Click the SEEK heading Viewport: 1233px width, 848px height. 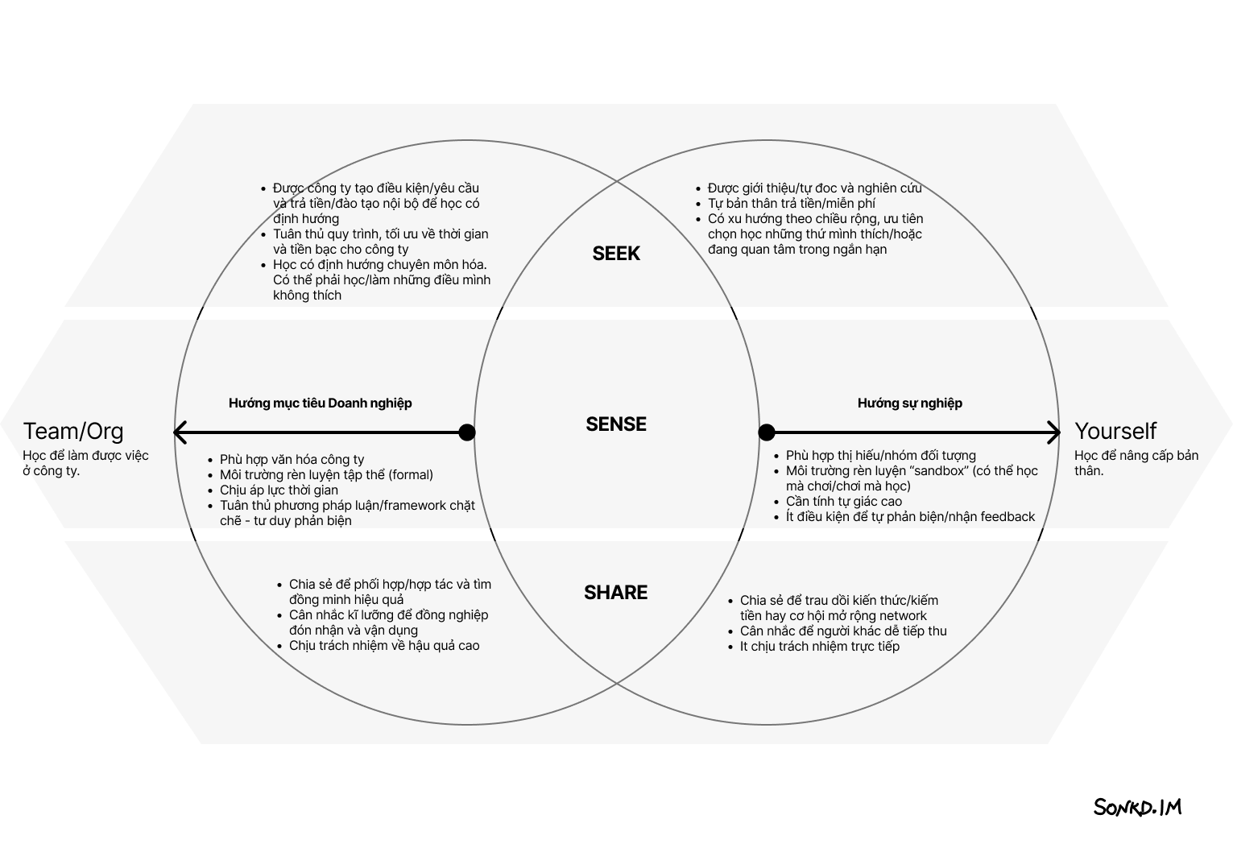point(616,253)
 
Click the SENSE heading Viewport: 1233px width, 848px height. point(616,424)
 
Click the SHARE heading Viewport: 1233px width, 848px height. point(615,592)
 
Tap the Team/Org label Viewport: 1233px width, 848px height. point(73,431)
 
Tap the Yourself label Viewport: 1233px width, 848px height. point(1115,431)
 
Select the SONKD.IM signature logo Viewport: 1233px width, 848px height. point(1137,807)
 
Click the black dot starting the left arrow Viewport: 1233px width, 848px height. point(467,432)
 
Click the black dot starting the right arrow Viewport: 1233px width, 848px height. point(766,432)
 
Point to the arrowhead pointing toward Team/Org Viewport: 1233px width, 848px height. point(180,432)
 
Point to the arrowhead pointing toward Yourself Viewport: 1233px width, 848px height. point(1053,432)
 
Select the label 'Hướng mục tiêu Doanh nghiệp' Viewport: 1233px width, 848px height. point(320,403)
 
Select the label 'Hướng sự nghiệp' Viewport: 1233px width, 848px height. point(910,403)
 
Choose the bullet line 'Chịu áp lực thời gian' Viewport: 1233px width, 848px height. point(279,490)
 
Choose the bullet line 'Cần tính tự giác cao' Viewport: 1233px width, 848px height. point(844,502)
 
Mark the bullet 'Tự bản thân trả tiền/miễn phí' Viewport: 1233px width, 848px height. point(792,203)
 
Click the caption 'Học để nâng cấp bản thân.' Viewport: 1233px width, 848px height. point(1136,463)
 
